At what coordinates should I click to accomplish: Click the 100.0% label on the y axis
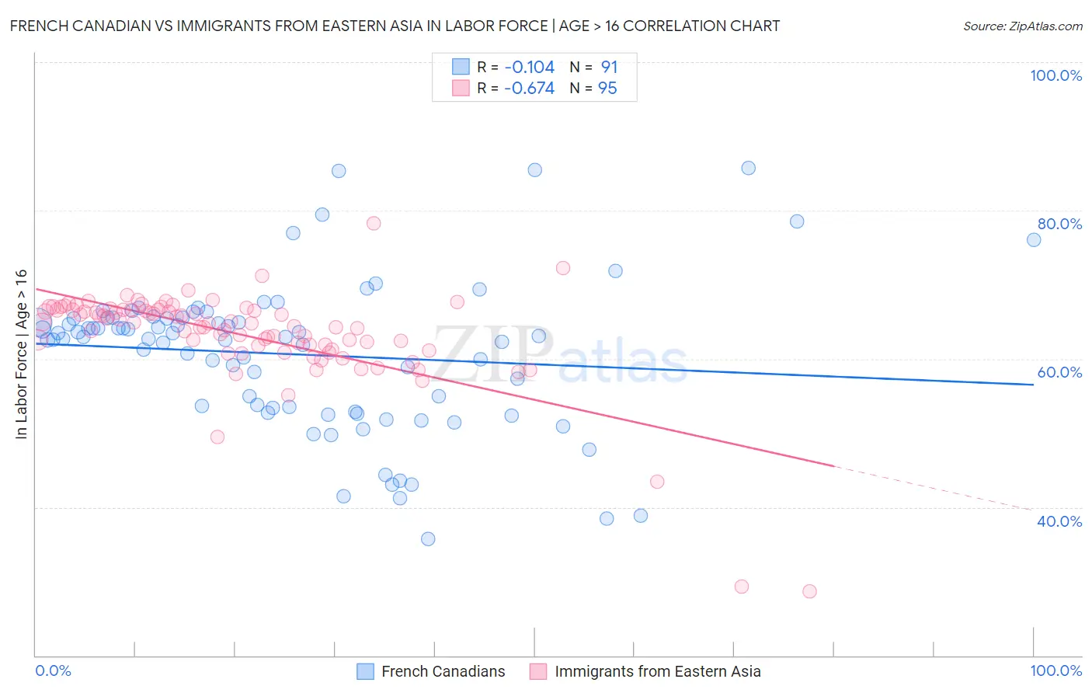[x=1055, y=75]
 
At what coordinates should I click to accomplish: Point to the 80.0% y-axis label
[x=1059, y=224]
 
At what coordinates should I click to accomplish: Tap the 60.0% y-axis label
[x=1059, y=372]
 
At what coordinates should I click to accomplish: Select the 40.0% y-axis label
[x=1059, y=521]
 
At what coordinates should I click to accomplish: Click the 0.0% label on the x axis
[x=53, y=670]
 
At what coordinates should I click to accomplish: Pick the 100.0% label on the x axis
[x=1055, y=670]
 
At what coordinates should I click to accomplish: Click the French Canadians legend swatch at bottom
[x=365, y=671]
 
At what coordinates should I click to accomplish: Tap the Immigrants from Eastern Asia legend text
[x=657, y=671]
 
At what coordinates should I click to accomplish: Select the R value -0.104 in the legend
[x=529, y=67]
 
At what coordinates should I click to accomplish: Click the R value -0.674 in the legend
[x=529, y=88]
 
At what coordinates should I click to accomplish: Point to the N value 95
[x=607, y=88]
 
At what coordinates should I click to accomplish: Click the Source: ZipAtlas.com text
[x=1022, y=26]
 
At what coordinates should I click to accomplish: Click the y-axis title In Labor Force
[x=21, y=353]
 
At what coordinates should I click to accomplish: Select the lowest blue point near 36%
[x=428, y=538]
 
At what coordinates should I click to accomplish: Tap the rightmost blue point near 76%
[x=1034, y=239]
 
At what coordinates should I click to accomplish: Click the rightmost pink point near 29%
[x=809, y=591]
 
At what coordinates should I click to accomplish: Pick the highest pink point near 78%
[x=374, y=223]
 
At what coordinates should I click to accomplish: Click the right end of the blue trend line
[x=1033, y=385]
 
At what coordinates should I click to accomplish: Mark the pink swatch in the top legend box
[x=461, y=88]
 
